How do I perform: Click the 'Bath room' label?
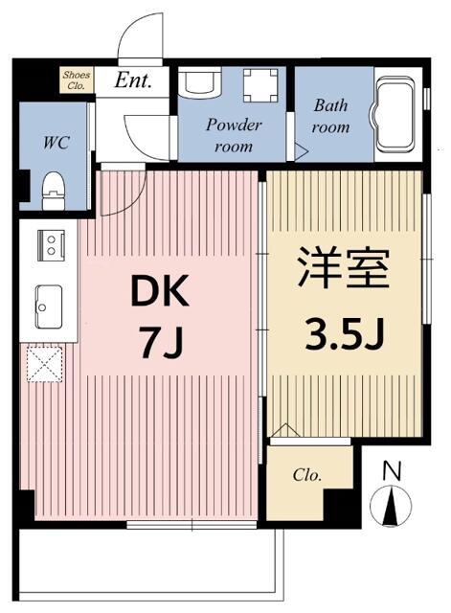click(331, 118)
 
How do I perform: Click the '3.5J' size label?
click(344, 335)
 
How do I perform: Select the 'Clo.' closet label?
click(306, 475)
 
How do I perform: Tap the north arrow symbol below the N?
click(392, 505)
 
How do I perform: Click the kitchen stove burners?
click(49, 244)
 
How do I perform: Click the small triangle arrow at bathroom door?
click(301, 149)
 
